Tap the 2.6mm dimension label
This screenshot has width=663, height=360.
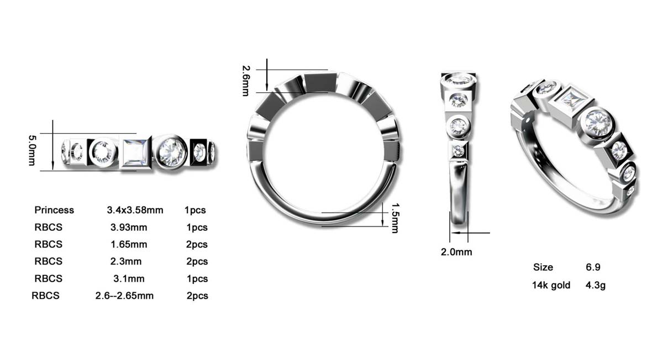[x=246, y=81]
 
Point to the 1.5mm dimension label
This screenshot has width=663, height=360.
[x=395, y=218]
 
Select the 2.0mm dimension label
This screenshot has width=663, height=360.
[x=456, y=252]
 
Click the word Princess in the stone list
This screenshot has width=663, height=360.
[x=54, y=210]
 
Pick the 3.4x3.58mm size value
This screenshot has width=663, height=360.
[x=135, y=210]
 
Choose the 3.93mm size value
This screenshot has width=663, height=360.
[x=129, y=227]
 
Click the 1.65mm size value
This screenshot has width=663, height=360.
[x=129, y=245]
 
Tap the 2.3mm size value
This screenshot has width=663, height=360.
[x=126, y=262]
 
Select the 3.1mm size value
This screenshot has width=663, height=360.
[x=129, y=279]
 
